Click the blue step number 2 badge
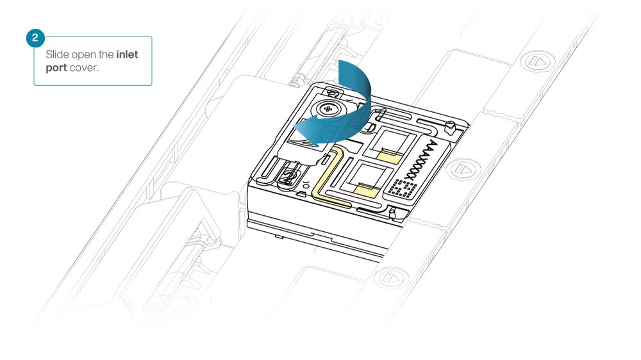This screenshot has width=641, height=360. (x=35, y=38)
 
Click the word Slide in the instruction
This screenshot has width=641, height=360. (x=57, y=54)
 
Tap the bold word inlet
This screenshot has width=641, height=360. (x=127, y=54)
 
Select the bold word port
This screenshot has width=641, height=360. (x=56, y=68)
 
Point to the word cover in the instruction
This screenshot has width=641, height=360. (x=84, y=68)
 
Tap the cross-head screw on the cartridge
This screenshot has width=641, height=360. (x=328, y=109)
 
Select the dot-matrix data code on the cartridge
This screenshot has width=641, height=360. (x=403, y=188)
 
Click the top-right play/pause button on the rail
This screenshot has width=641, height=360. (x=537, y=61)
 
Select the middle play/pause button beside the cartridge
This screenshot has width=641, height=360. (x=463, y=168)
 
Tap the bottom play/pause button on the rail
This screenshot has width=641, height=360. (x=391, y=278)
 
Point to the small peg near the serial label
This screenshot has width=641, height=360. (x=450, y=127)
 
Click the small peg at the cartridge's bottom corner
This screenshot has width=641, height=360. (x=392, y=213)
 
